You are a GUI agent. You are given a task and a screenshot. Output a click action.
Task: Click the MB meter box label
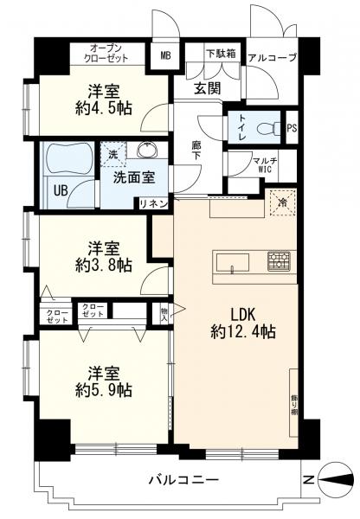[165, 55]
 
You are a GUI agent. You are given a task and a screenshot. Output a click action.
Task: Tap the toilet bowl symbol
[269, 128]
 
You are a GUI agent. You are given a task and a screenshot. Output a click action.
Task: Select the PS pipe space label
[292, 128]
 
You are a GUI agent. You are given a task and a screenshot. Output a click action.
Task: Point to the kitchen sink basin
[233, 263]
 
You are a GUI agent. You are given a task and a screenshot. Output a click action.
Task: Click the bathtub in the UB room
[68, 158]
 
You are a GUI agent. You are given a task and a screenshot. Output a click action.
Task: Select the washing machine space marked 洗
[113, 154]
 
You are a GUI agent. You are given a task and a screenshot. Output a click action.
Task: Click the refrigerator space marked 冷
[283, 202]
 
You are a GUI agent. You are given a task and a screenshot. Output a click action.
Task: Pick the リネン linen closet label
[154, 204]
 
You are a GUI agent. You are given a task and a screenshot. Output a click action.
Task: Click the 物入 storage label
[164, 315]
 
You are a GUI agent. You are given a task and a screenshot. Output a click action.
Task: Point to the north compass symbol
[335, 479]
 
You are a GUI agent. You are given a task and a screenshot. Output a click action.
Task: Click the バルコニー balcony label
[183, 479]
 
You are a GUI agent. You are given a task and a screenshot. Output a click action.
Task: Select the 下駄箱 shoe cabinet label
[222, 54]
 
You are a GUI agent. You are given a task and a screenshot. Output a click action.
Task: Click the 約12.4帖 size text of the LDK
[243, 331]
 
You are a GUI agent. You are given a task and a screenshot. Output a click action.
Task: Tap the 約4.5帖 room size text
[104, 108]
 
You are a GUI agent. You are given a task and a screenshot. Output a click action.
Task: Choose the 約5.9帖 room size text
[104, 390]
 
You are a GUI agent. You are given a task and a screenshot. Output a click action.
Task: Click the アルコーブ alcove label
[273, 58]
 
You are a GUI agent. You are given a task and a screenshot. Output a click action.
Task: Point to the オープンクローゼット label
[106, 54]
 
